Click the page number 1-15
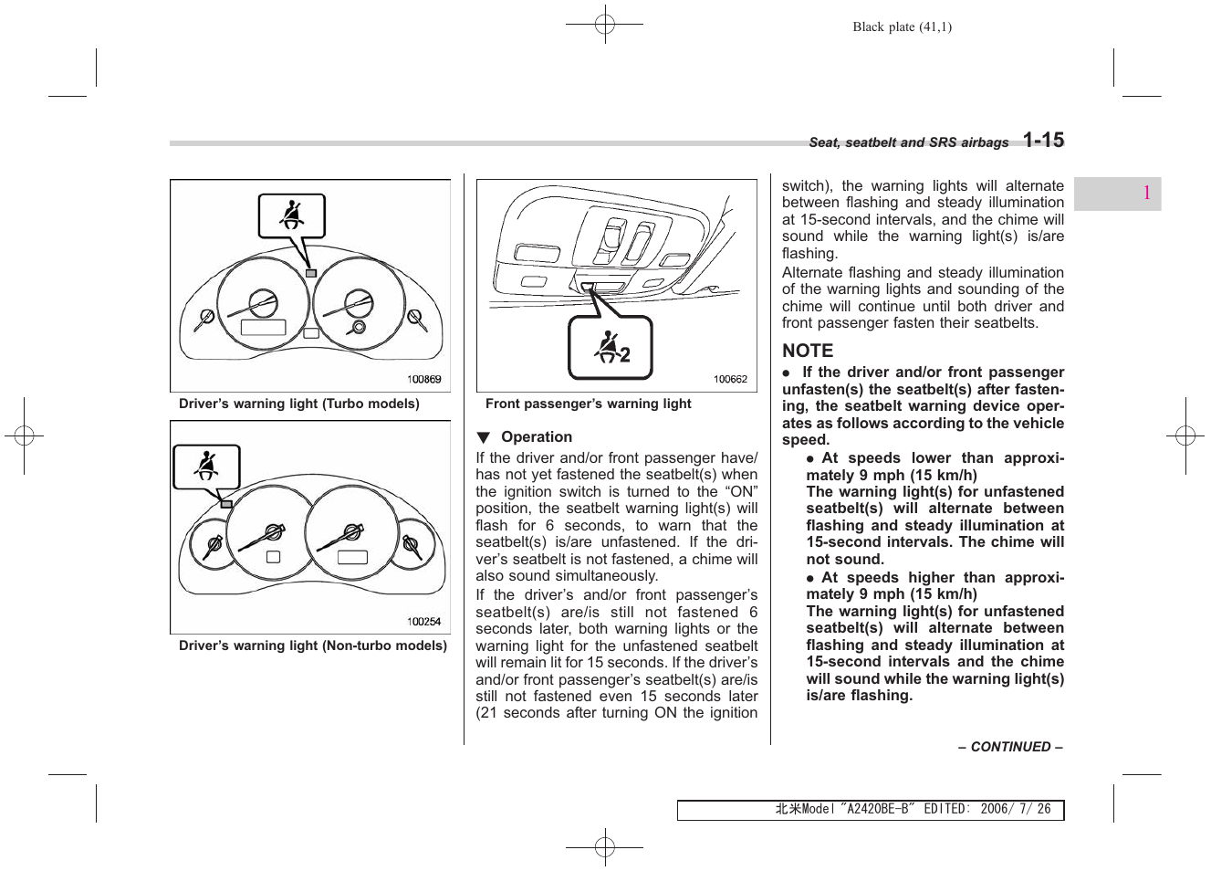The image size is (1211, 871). point(1042,140)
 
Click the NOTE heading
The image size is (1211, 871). point(808,351)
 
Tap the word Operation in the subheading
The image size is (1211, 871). point(537,437)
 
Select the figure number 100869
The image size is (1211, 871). point(423,380)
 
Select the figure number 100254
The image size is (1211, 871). point(423,622)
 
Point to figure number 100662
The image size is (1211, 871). point(730,380)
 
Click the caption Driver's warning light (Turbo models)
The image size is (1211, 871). point(299,404)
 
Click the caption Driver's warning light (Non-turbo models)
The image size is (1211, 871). point(313,645)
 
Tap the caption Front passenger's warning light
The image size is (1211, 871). point(589,404)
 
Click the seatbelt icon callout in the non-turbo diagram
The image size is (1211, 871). point(207,467)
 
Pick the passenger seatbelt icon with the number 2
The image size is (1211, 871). point(611,348)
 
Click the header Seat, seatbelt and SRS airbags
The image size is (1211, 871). point(909,142)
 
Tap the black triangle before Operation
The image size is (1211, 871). point(484,437)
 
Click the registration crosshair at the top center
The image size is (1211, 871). point(604,26)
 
